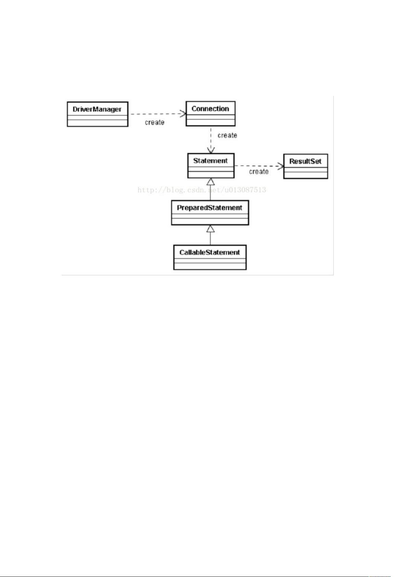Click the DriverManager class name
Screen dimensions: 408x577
pyautogui.click(x=97, y=109)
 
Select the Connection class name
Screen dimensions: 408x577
pyautogui.click(x=210, y=109)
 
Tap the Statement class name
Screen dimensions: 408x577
pyautogui.click(x=210, y=161)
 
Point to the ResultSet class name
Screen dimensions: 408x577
pyautogui.click(x=305, y=161)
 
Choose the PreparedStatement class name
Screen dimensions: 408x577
pyautogui.click(x=209, y=208)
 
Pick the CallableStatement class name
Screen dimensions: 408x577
pyautogui.click(x=209, y=252)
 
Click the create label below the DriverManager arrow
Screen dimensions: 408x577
pyautogui.click(x=154, y=122)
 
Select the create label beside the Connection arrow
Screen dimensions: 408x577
pyautogui.click(x=227, y=135)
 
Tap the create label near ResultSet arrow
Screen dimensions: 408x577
pyautogui.click(x=259, y=172)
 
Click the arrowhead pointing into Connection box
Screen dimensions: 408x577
pyautogui.click(x=183, y=114)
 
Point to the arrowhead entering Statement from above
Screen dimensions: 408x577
pyautogui.click(x=211, y=150)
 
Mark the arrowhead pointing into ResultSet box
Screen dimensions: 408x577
pyautogui.click(x=281, y=166)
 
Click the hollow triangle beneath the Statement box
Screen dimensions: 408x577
pyautogui.click(x=211, y=181)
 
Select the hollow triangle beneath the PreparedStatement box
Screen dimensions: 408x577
pyautogui.click(x=211, y=229)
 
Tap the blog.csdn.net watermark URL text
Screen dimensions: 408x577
pyautogui.click(x=202, y=190)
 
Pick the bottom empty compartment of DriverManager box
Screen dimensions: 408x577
pyautogui.click(x=98, y=123)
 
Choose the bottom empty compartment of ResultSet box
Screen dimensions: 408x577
pyautogui.click(x=306, y=175)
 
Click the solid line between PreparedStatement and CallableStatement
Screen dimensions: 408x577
pyautogui.click(x=211, y=239)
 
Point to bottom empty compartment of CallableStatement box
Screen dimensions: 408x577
pyautogui.click(x=210, y=266)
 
